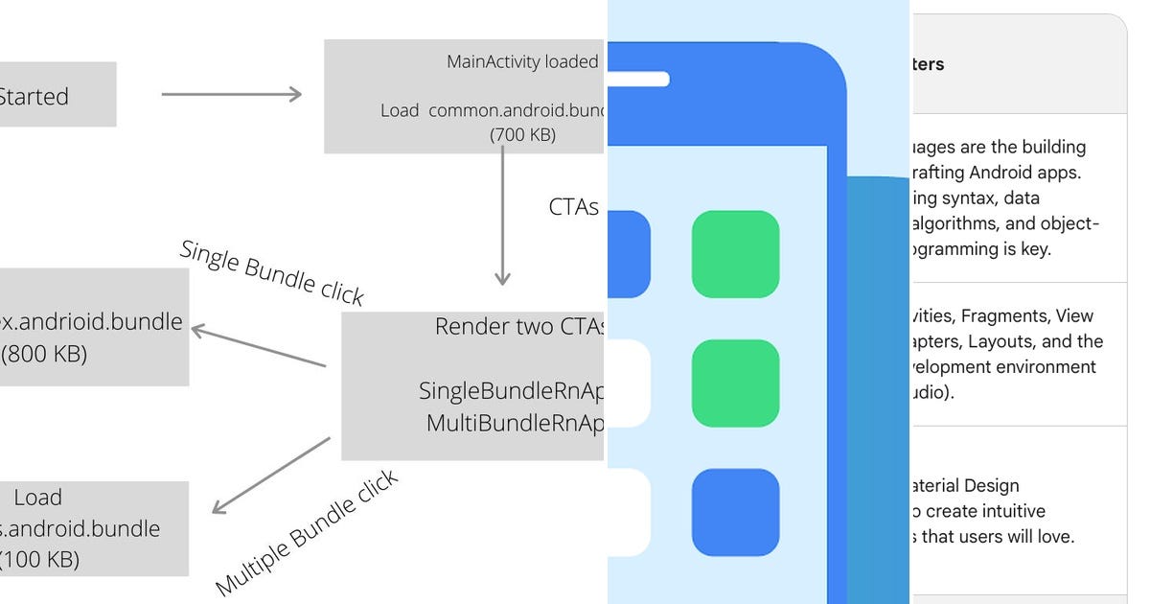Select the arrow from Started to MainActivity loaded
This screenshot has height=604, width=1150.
[x=231, y=94]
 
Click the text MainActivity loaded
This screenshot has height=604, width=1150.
[x=522, y=61]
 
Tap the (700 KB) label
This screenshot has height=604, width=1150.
[x=522, y=135]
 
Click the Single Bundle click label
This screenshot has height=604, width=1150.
[x=272, y=272]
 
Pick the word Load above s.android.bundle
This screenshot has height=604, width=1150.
[x=38, y=498]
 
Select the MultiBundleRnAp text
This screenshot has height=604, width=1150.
[x=515, y=423]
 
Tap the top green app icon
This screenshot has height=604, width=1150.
[x=735, y=254]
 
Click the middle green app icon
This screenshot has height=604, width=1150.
[x=735, y=383]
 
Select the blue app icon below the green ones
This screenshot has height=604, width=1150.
[x=735, y=512]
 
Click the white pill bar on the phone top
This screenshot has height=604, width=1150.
[x=637, y=80]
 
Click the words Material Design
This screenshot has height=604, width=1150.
[x=964, y=486]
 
